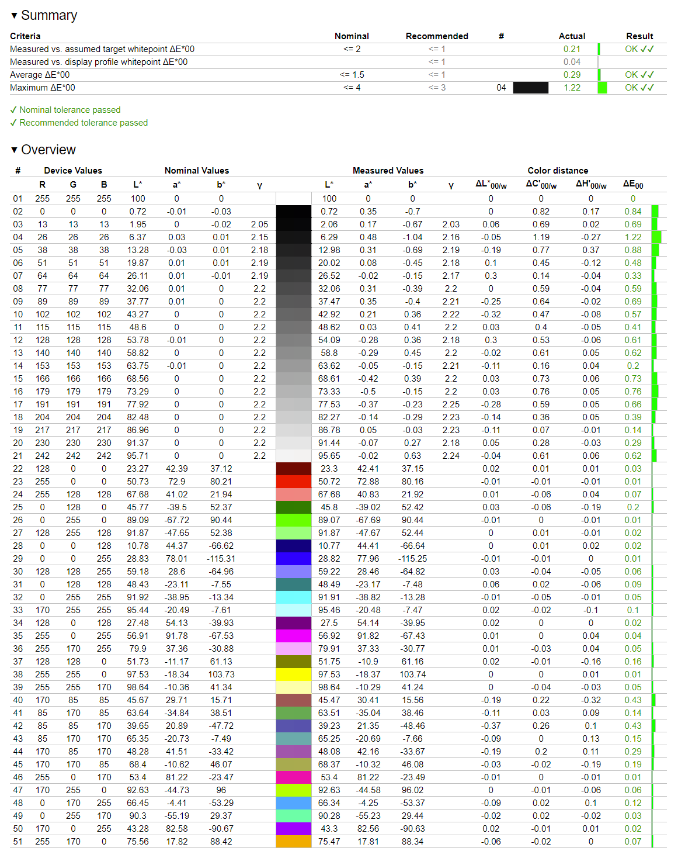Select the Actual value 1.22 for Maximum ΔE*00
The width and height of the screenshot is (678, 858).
572,88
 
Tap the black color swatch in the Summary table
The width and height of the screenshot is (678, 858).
530,88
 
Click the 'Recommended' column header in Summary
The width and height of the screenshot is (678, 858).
437,36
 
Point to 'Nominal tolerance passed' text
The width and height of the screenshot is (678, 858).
69,110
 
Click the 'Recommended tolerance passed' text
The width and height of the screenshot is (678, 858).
83,123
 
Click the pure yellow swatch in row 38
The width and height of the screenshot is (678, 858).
293,674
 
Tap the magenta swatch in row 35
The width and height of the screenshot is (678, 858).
293,636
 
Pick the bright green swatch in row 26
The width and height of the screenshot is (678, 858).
293,520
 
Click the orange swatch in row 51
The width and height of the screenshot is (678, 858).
293,842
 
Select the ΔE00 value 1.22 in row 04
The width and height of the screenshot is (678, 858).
632,237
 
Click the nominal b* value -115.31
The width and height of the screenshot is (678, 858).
221,559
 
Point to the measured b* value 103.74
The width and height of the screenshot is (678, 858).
412,674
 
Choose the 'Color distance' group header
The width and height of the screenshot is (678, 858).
558,171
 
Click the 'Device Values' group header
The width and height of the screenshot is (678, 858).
73,171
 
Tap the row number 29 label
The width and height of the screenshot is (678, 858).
18,559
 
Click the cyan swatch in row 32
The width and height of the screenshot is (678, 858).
293,597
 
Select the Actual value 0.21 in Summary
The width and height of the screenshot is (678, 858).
572,49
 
